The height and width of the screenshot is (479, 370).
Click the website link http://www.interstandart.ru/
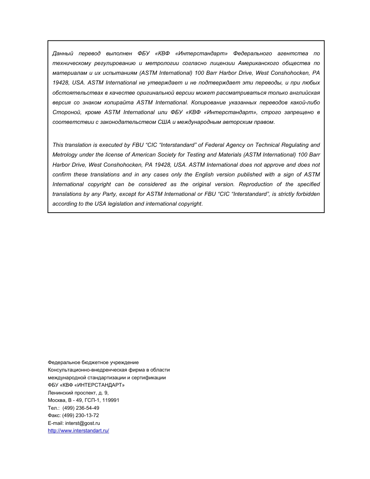(78, 431)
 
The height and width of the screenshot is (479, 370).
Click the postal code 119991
(111, 400)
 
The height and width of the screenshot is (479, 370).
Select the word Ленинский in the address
(60, 393)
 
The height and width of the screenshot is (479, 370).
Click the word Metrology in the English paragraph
(65, 155)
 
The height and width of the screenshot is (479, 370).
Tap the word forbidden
(307, 194)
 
